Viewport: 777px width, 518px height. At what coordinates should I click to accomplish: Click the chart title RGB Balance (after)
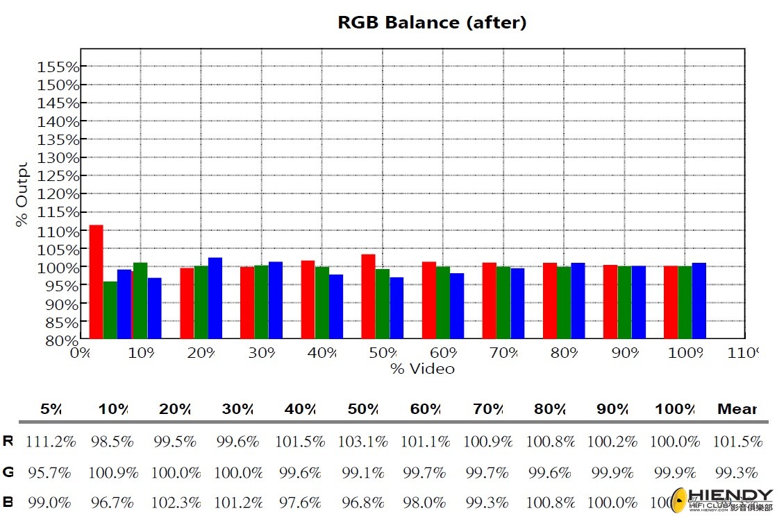tap(432, 22)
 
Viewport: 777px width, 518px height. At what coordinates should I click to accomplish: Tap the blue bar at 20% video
tap(215, 298)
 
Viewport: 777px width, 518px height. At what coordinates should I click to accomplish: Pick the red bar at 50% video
tap(368, 296)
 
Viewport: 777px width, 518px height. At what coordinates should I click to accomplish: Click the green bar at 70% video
tap(503, 303)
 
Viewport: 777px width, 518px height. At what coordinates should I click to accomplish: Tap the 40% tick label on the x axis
tap(321, 353)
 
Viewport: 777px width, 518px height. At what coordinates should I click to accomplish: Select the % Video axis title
tap(422, 368)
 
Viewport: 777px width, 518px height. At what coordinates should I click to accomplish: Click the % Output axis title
tap(22, 195)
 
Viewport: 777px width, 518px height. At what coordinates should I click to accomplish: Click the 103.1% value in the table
tap(361, 442)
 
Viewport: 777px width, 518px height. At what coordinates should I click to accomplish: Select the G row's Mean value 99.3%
tap(735, 473)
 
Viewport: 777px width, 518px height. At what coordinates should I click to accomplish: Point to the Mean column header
tap(736, 409)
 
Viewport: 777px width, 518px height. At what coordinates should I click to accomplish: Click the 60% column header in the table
tap(425, 409)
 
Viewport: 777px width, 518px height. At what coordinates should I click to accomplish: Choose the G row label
tap(8, 473)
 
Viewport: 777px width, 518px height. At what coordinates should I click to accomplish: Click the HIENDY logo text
tap(730, 495)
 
